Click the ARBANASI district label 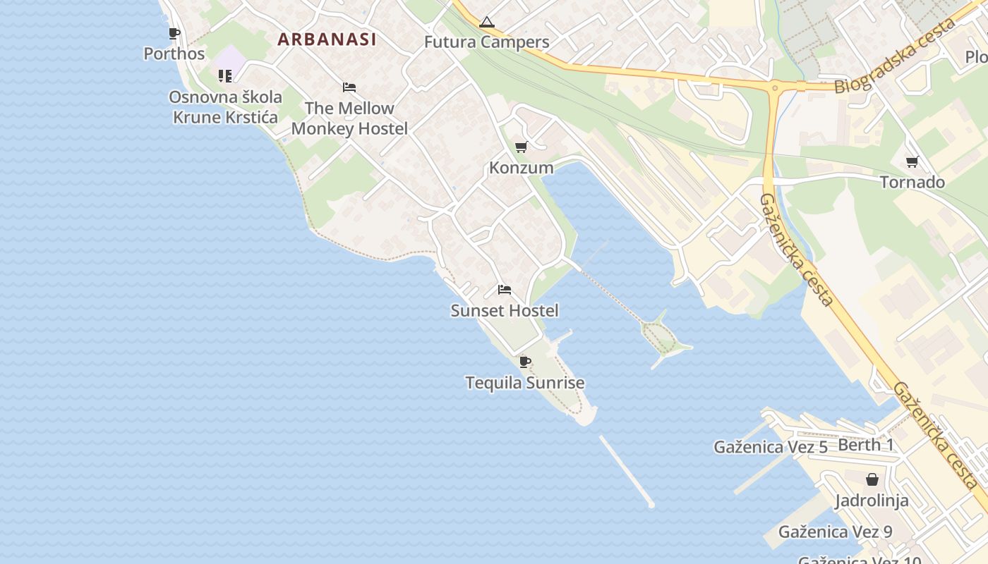click(327, 39)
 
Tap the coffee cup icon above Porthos click(174, 33)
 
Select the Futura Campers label click(486, 42)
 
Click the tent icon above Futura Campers click(486, 23)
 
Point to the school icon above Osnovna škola click(225, 75)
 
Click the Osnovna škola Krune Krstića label click(226, 107)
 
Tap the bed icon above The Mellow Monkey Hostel click(349, 87)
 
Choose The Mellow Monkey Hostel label click(349, 118)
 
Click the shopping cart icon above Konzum click(521, 147)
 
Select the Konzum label click(522, 168)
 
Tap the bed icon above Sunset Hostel click(504, 290)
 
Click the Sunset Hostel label click(505, 311)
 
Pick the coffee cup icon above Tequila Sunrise click(524, 362)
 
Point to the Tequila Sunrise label click(525, 384)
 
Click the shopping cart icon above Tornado click(912, 162)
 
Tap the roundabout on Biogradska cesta click(775, 87)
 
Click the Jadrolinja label click(872, 501)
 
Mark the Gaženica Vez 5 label click(771, 447)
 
